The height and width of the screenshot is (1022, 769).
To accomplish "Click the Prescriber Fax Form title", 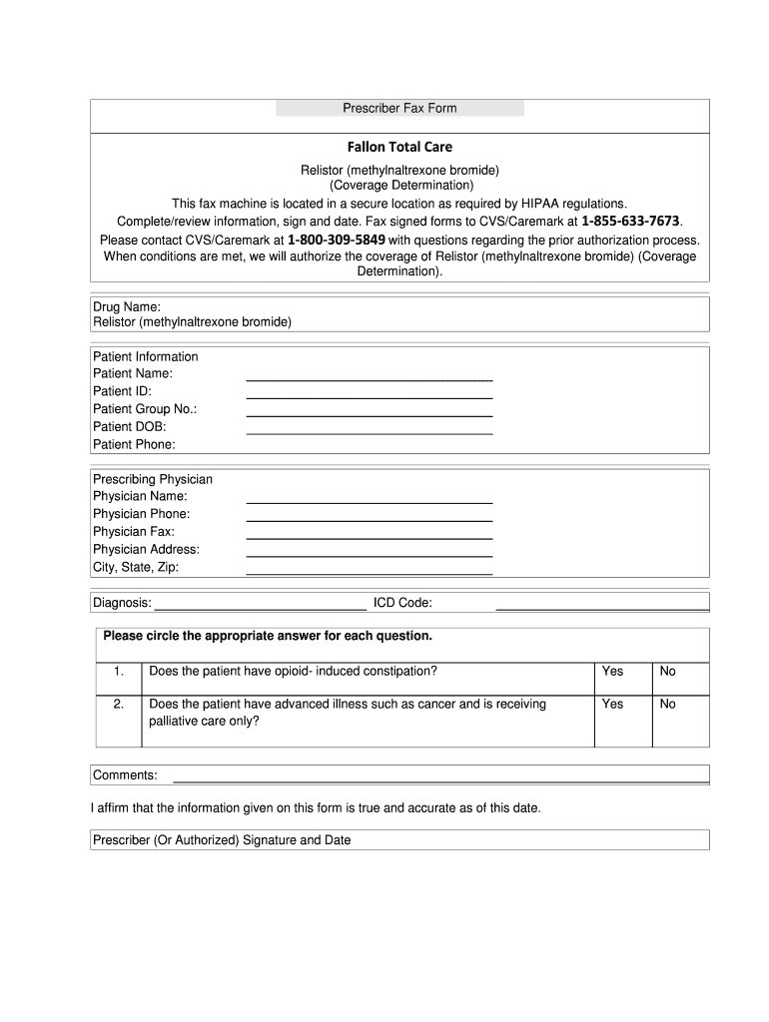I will (399, 108).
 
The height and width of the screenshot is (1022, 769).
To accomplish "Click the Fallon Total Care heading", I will (399, 147).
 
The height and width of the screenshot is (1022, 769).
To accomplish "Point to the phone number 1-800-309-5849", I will (336, 240).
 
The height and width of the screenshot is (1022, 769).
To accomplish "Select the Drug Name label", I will (127, 306).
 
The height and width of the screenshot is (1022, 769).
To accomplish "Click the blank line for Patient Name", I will (370, 378).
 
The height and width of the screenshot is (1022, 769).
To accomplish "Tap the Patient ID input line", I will (370, 396).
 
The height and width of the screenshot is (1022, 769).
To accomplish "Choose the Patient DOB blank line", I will (370, 432).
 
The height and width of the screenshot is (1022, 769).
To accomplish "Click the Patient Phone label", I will (134, 444).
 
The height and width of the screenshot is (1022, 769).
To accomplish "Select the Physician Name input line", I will (370, 501).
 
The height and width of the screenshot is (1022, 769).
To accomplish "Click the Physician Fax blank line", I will (370, 537).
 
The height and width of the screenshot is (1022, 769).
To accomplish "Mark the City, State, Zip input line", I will (370, 573).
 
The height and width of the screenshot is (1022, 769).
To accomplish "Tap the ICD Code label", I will (402, 603).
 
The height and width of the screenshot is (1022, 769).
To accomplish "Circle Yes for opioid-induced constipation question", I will (612, 672).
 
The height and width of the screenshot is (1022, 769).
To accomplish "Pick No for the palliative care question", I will (668, 705).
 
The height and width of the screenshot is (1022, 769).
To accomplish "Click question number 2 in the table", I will (119, 705).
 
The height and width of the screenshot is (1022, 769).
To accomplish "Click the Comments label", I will (125, 775).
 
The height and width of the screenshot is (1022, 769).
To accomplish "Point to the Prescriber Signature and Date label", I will (222, 840).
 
